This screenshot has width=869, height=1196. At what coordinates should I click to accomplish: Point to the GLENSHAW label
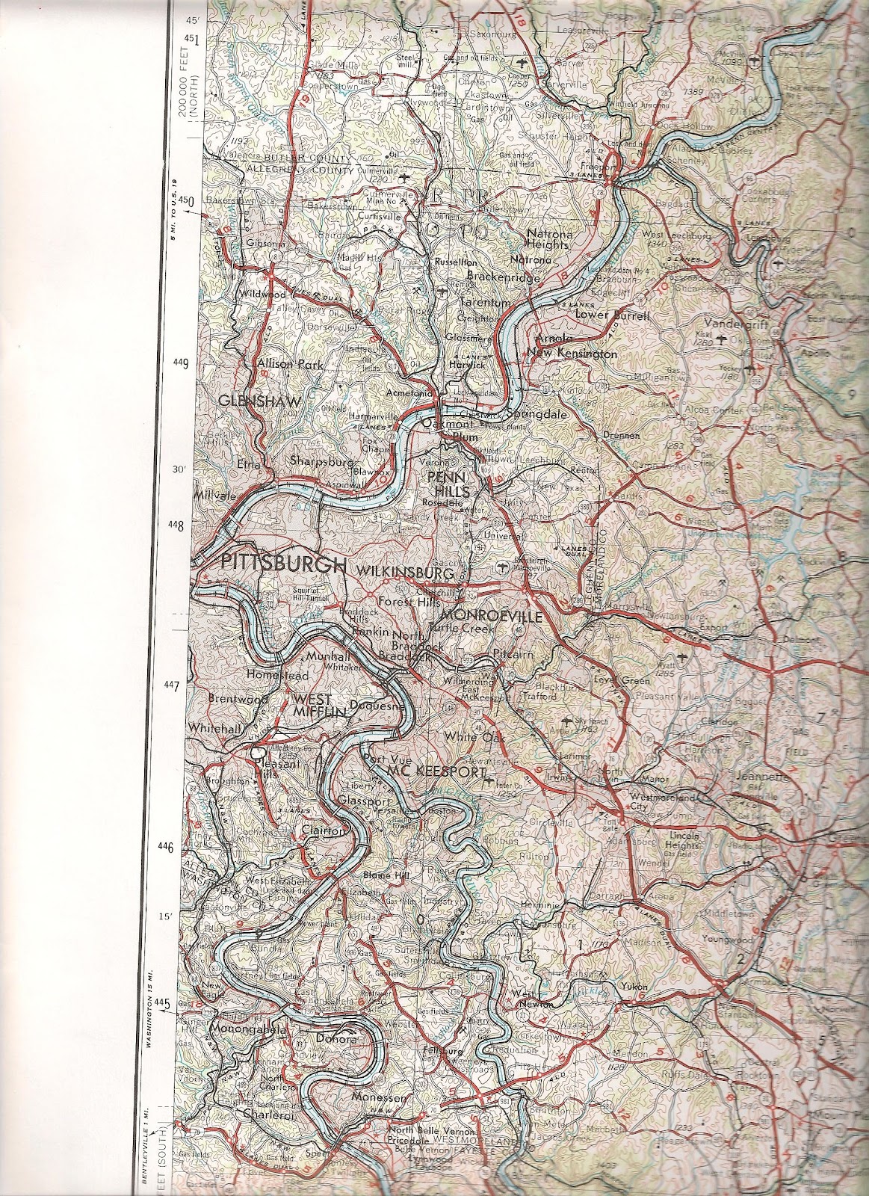click(260, 401)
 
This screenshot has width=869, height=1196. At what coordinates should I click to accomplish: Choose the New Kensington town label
click(572, 353)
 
